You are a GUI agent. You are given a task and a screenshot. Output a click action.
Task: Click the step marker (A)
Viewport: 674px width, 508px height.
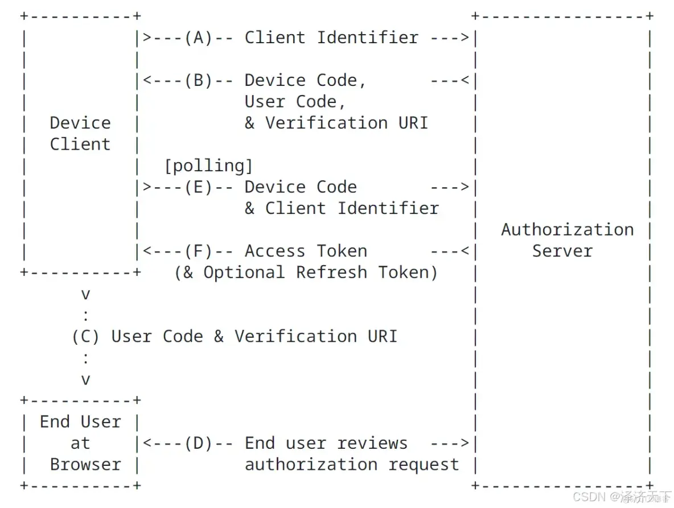[198, 38]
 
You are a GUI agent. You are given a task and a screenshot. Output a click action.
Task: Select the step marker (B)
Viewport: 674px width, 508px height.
[198, 80]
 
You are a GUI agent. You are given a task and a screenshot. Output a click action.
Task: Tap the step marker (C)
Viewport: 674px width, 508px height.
[85, 336]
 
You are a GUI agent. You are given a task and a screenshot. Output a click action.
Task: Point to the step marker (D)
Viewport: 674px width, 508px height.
[198, 443]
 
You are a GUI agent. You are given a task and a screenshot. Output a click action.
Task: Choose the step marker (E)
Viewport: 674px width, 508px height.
[198, 187]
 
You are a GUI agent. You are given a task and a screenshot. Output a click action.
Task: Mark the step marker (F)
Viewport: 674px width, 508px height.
[198, 251]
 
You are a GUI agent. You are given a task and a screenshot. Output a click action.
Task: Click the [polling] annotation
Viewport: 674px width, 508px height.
[208, 166]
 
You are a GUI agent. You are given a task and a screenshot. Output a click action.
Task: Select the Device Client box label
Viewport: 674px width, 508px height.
[80, 133]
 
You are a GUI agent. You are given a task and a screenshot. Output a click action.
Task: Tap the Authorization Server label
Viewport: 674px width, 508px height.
[567, 240]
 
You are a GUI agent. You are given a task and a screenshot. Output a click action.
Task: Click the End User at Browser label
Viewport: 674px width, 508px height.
[80, 443]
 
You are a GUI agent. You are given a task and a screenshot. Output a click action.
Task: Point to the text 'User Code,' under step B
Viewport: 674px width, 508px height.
[295, 101]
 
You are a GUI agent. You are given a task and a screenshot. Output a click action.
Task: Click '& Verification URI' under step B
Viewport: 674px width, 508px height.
[336, 123]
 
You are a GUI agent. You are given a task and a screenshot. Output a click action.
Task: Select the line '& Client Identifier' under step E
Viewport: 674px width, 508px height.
[342, 208]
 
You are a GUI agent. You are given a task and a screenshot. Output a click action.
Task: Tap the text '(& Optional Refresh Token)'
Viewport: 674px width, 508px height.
[306, 272]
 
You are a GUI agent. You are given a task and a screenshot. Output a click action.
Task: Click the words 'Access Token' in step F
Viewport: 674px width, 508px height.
[306, 251]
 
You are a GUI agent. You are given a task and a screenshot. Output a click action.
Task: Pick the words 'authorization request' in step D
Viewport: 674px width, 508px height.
[352, 464]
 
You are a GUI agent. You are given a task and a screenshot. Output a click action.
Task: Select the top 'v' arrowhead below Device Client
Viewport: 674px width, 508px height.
[85, 294]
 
